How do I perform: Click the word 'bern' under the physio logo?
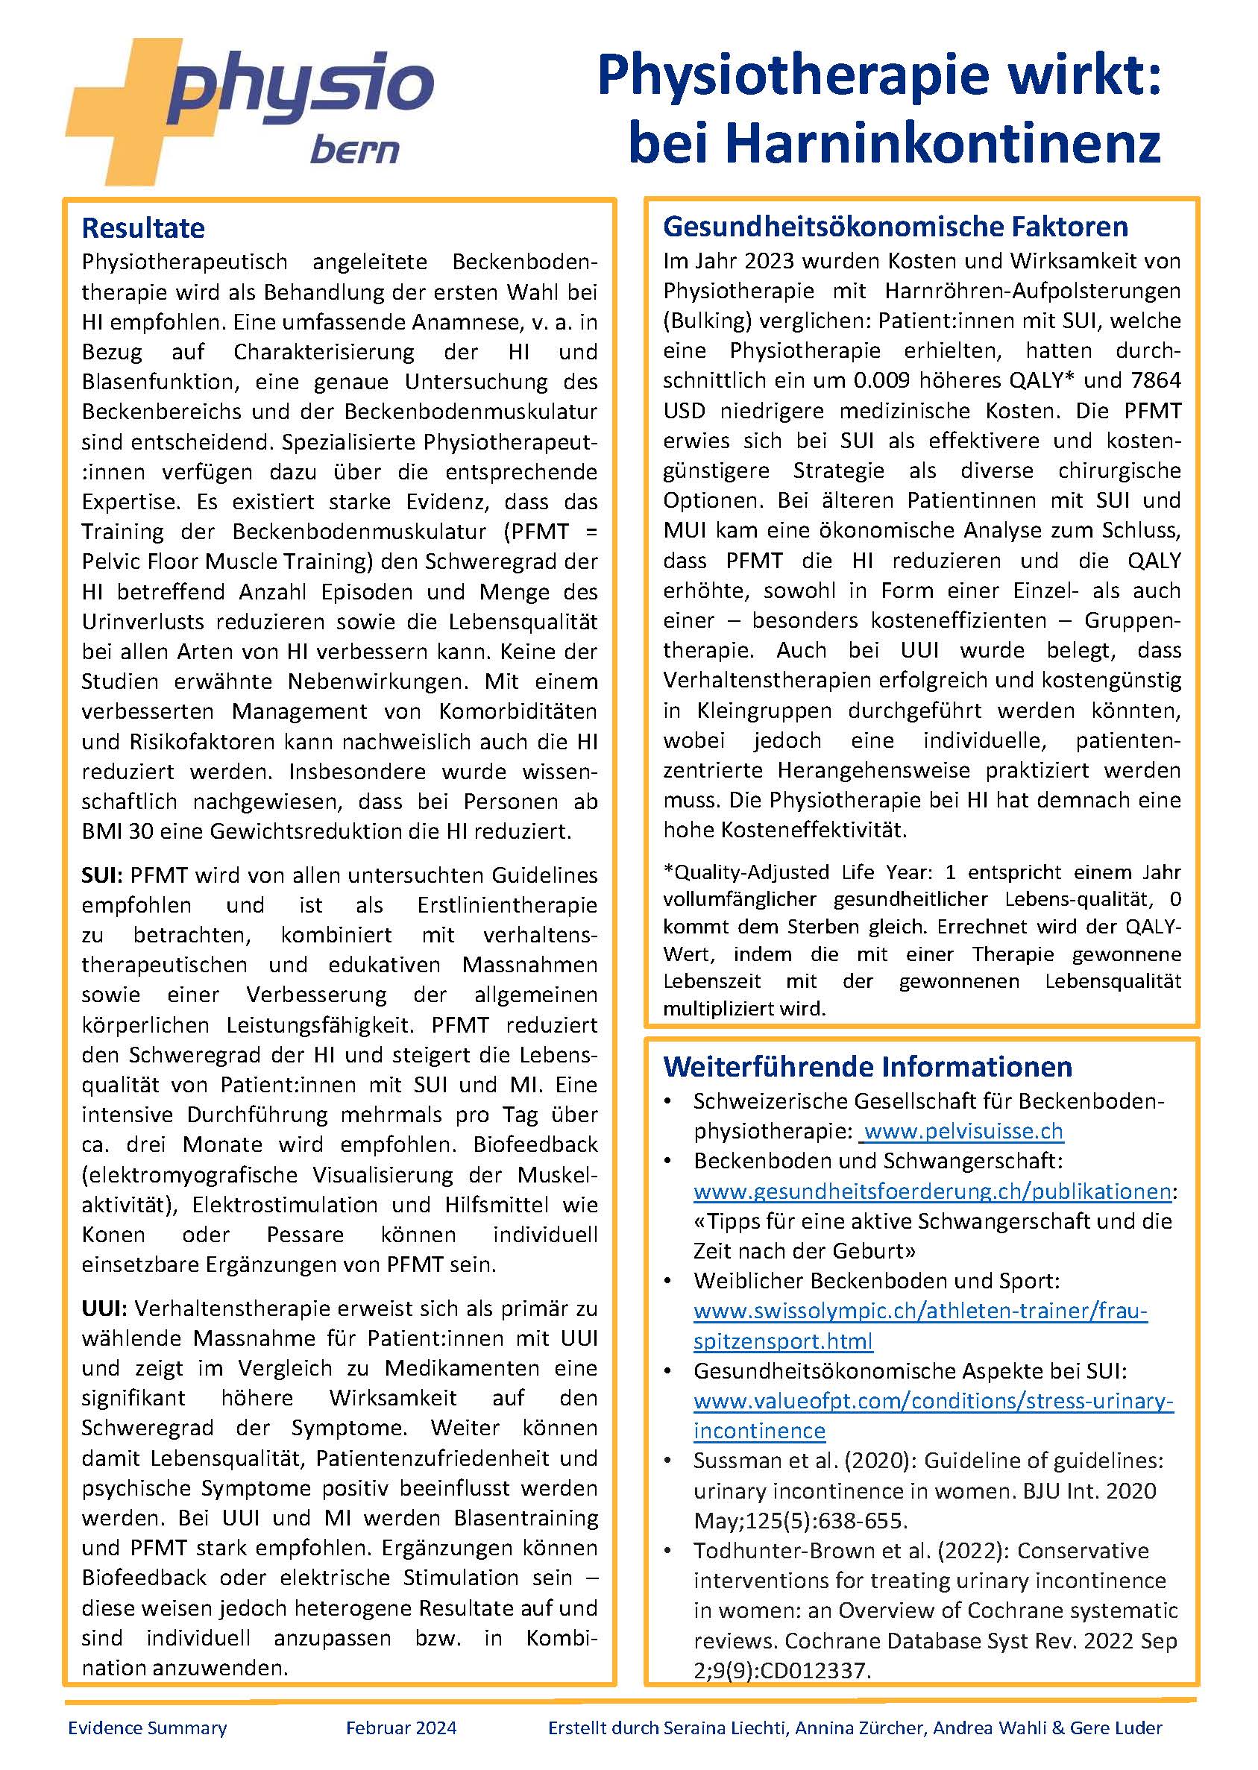[354, 149]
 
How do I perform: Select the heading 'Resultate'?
[143, 228]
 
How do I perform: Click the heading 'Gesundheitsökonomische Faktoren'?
[896, 226]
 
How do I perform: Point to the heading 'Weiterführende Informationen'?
[867, 1066]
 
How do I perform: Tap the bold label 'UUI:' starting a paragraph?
[104, 1308]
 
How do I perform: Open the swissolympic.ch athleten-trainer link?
[920, 1311]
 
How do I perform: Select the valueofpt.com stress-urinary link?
[934, 1401]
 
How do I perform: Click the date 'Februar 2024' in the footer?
[401, 1728]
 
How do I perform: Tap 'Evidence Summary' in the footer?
[147, 1728]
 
